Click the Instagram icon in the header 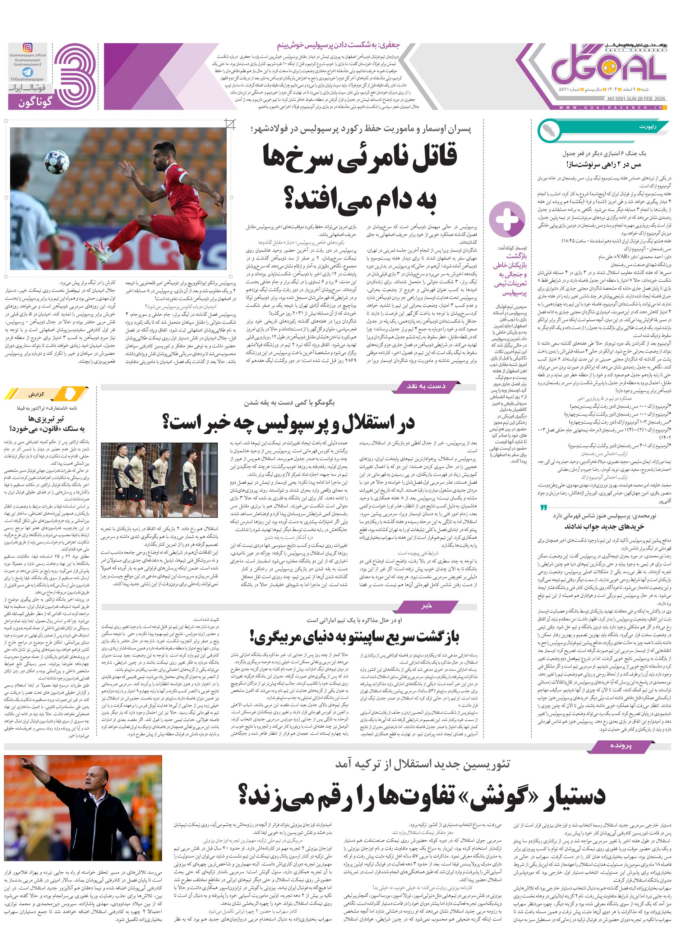(27, 48)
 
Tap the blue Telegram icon (27, 72)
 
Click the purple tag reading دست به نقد (426, 386)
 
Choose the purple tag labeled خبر (426, 606)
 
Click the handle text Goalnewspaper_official (28, 55)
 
